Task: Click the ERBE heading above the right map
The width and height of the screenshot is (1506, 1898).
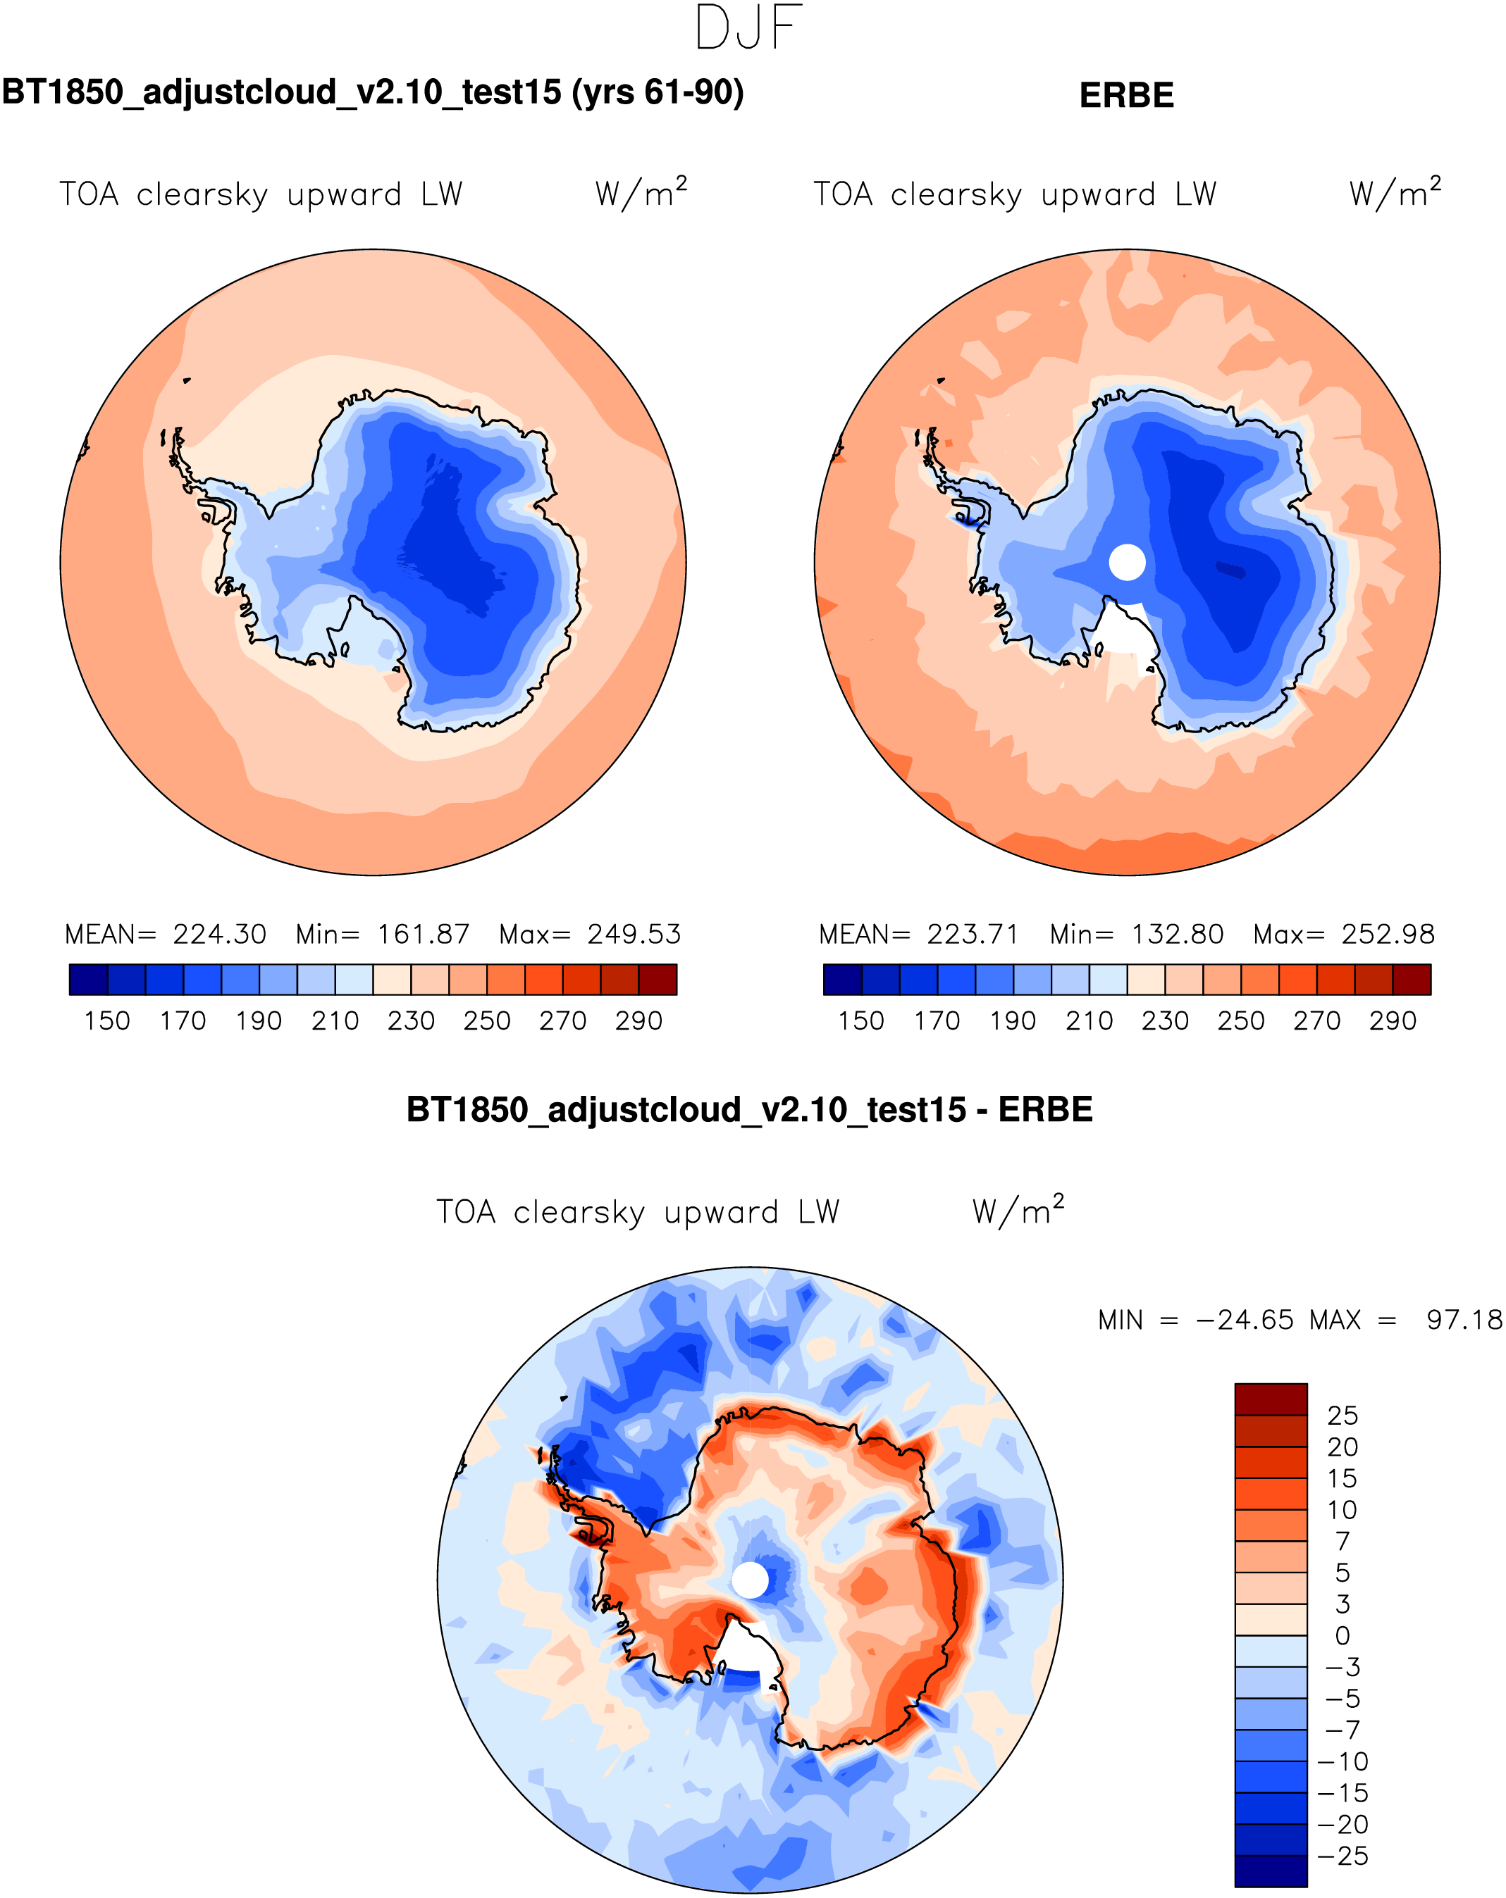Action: pos(1125,95)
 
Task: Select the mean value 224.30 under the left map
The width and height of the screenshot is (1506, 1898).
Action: pos(219,934)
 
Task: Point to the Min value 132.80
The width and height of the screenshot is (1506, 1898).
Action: pos(1177,934)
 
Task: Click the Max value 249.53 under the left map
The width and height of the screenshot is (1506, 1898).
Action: pos(634,934)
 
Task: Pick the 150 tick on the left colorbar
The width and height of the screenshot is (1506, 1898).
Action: pos(106,1021)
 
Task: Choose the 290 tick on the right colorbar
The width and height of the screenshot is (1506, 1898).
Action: pos(1392,1021)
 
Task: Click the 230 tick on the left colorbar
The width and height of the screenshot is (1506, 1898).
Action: pos(410,1021)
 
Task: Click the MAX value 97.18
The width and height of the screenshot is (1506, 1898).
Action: pos(1464,1321)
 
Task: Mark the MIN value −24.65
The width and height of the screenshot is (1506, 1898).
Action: pos(1244,1321)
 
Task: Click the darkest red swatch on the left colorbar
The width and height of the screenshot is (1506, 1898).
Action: pos(657,980)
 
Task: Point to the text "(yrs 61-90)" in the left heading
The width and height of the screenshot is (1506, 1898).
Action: pos(657,92)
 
